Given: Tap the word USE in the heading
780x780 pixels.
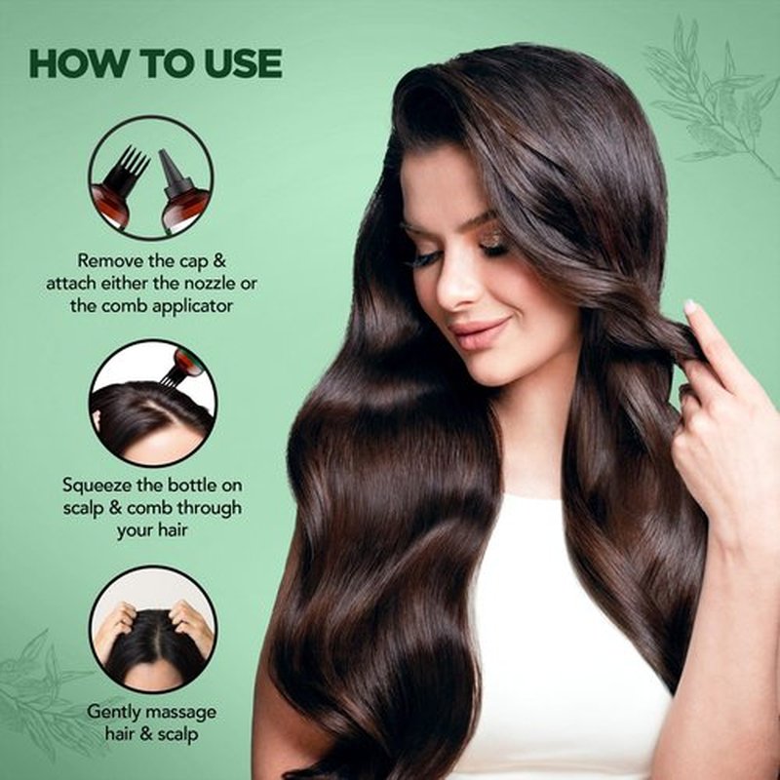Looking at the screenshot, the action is (243, 63).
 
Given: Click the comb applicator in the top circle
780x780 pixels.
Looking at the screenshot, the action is (120, 186).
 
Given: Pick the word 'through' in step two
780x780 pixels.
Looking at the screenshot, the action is (210, 507).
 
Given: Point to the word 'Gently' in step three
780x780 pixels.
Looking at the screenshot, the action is (114, 712).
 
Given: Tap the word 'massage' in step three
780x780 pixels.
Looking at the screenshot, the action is (181, 713).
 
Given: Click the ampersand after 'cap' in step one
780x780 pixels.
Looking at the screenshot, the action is (218, 260).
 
